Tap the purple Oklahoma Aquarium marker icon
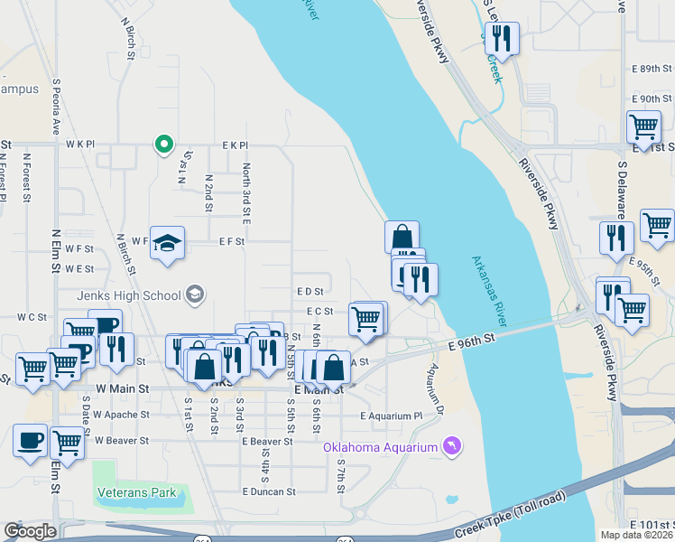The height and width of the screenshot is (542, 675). [452, 445]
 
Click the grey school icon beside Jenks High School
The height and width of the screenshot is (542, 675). [194, 294]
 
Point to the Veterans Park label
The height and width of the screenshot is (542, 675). [136, 494]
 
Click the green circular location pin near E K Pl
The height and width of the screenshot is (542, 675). [163, 144]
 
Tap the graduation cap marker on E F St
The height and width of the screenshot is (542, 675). [167, 242]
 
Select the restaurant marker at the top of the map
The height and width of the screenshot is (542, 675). [501, 38]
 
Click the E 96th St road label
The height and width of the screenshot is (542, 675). [474, 341]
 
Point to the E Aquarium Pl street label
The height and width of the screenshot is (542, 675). [391, 416]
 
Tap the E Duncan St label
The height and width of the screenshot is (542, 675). [269, 492]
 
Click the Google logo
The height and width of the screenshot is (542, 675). [30, 531]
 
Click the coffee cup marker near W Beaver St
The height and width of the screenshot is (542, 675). [30, 440]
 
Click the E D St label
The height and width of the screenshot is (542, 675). [310, 292]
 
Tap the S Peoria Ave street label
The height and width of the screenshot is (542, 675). [56, 104]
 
